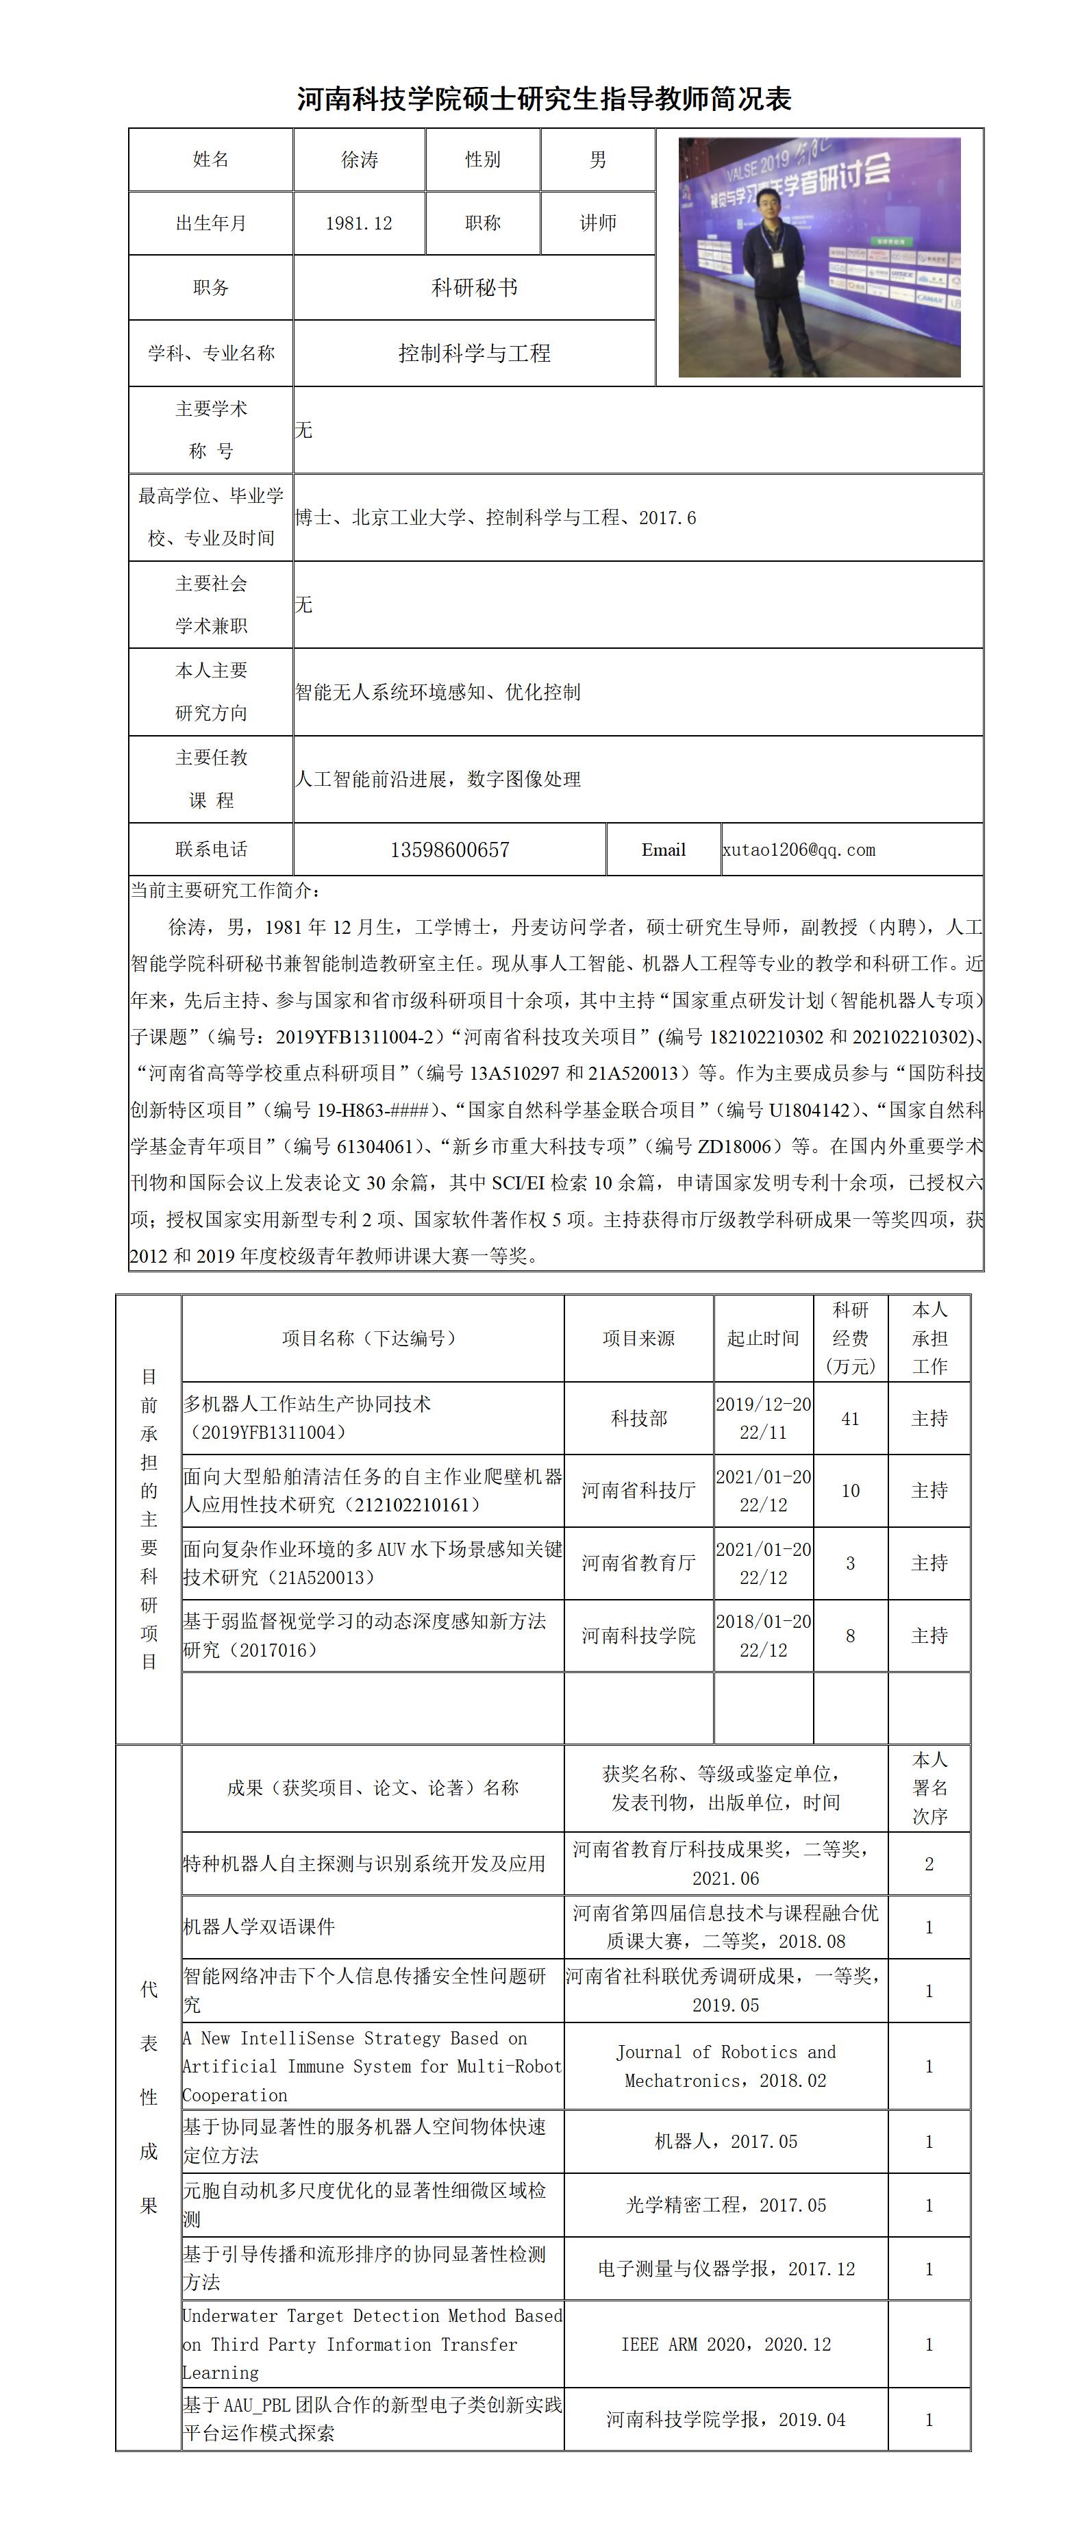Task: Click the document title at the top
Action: (x=544, y=99)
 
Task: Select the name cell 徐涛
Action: (x=360, y=160)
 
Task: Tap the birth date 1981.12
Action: (x=360, y=223)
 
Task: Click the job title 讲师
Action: (x=598, y=223)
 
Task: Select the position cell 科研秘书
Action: (x=473, y=288)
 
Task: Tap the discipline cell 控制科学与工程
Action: (x=473, y=354)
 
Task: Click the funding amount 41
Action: (x=850, y=1419)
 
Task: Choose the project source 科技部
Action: (x=638, y=1419)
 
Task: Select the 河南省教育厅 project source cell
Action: (x=638, y=1563)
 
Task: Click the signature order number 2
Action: (x=929, y=1864)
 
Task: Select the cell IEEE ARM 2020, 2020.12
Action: (x=725, y=2344)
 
